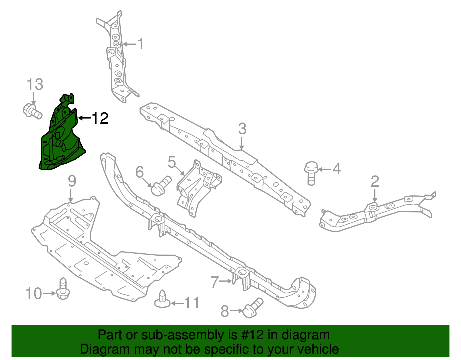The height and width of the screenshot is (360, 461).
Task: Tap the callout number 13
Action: pos(35,85)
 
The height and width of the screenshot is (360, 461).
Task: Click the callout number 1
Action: pos(140,44)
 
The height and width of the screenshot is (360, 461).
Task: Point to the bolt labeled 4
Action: pos(311,173)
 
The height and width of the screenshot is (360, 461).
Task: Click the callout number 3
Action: pos(242,129)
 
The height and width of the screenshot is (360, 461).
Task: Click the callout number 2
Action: pos(375,182)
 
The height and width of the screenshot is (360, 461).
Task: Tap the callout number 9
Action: pos(72,181)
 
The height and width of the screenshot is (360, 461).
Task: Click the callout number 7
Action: pos(215,282)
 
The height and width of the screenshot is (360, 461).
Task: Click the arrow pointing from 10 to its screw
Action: pos(49,293)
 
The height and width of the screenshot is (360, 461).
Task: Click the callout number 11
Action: pos(192,303)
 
